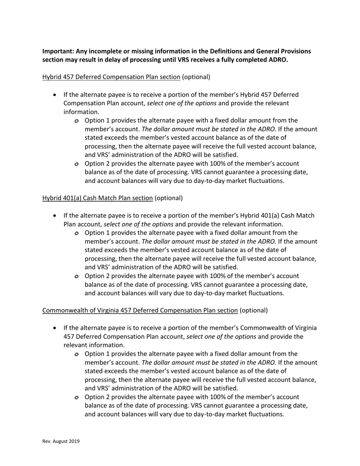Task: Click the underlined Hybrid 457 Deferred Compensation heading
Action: pos(111,77)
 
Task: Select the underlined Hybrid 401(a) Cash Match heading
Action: pos(97,198)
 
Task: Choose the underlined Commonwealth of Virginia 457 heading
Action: pos(140,310)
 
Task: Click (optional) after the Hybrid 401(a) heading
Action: pos(169,198)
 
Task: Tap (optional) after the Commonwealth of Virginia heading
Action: pos(254,310)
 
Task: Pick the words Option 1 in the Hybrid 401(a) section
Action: pos(97,233)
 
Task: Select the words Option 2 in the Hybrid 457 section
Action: pos(97,164)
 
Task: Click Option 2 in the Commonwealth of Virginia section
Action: pos(97,397)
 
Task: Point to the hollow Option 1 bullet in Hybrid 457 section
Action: pos(77,121)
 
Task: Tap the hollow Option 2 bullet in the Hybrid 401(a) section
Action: pos(77,276)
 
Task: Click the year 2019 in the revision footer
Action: pos(74,441)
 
